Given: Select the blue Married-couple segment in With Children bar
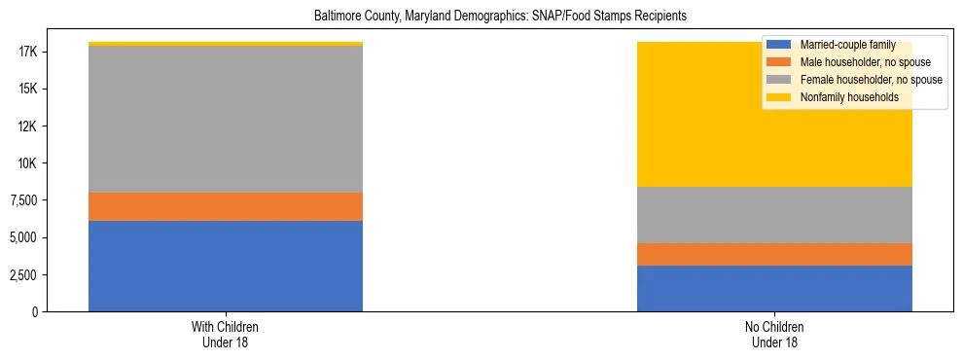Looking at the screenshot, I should coord(226,266).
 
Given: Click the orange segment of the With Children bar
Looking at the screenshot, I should coord(226,206).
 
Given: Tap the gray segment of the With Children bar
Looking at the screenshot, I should coord(226,119).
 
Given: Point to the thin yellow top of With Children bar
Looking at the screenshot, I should coord(226,44).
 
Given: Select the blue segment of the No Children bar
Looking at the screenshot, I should coord(774,288).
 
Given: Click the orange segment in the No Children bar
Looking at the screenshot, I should coord(774,254).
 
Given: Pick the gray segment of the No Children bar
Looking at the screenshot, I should coord(774,214).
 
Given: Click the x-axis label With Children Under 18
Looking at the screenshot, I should coord(226,335).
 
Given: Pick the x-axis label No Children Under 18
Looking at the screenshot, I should coord(774,335).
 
